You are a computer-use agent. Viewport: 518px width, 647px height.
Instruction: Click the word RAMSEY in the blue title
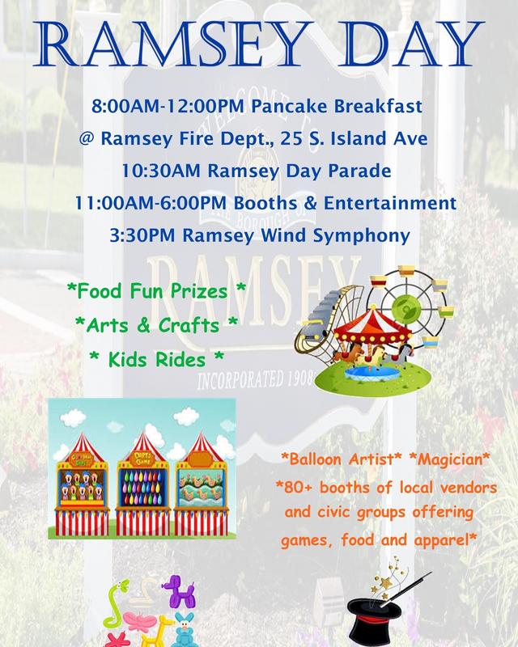pos(172,44)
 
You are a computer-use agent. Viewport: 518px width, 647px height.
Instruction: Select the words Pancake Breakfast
pos(337,106)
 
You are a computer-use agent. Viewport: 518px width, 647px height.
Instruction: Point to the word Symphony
pos(362,236)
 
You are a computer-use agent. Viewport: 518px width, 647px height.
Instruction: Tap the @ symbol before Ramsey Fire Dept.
pos(87,138)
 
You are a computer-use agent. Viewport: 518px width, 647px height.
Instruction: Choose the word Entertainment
pos(390,203)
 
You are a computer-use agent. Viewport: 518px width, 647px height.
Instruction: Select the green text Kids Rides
pos(156,359)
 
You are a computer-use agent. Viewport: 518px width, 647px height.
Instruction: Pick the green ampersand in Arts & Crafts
pos(143,325)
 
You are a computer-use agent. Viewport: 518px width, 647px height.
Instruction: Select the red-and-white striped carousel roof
pos(372,323)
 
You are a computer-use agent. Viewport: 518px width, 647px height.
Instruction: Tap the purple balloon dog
pos(179,591)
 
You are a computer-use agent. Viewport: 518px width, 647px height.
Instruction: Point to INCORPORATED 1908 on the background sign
pos(256,379)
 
